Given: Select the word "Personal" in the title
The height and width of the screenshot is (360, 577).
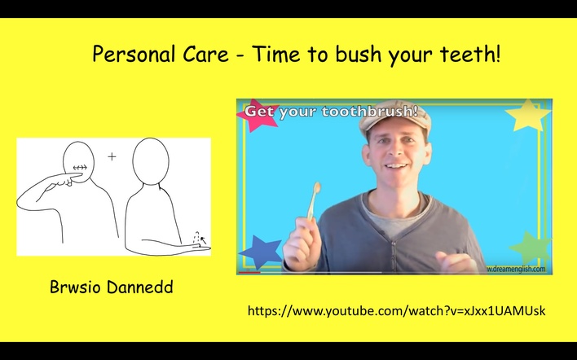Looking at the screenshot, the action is pos(134,54).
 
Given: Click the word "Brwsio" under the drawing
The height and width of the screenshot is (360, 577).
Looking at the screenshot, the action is pos(75,287).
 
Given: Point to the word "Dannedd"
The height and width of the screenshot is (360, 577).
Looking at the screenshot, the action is pos(140,287).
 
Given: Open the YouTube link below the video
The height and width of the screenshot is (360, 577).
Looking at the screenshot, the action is pos(397,311).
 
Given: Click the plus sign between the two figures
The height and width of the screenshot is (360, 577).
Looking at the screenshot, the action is pos(112,156).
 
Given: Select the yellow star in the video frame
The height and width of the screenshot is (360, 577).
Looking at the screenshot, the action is pos(528,116).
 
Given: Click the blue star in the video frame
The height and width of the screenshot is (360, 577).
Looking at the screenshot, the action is pos(260,251).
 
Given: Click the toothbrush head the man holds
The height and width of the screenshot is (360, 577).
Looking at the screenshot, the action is pos(316,188).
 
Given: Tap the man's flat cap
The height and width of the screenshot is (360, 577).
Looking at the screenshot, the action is pos(394,115).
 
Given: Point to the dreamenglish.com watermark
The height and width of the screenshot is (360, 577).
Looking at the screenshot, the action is pos(516,269).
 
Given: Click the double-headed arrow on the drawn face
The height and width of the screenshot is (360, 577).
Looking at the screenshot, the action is pos(80,168).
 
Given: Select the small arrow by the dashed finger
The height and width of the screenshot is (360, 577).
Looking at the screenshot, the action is pos(203,241).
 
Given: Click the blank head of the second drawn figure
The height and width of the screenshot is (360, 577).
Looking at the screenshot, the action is pos(151,161).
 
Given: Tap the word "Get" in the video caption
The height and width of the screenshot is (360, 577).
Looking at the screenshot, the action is pos(259,111).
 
